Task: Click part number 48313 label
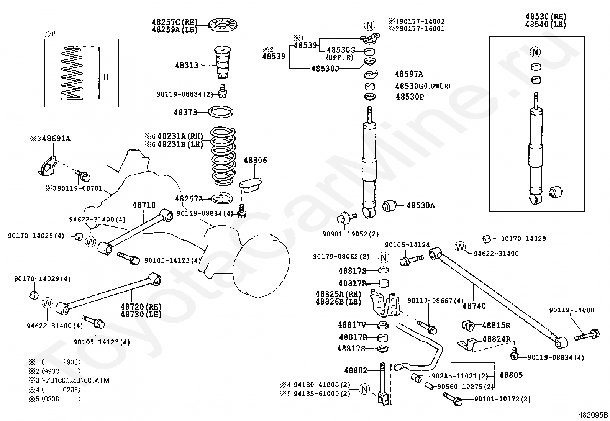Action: [187, 65]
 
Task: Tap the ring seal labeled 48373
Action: [221, 113]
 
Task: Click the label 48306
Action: [255, 160]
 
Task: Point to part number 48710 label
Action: [144, 205]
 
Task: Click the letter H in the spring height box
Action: [106, 77]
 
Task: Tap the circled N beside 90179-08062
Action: [384, 257]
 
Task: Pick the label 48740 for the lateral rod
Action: [474, 306]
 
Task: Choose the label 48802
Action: [355, 370]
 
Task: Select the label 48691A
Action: [56, 139]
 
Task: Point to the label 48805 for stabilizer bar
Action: [511, 375]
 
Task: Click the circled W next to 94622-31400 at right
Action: [460, 247]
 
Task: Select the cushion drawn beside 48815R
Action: [467, 326]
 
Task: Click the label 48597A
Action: [409, 74]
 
